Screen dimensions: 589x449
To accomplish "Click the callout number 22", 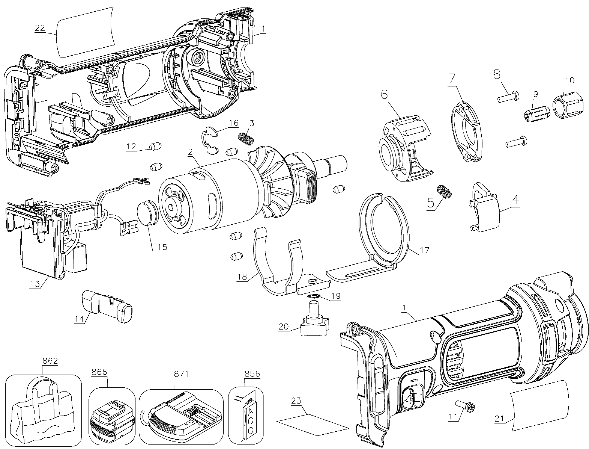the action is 40,28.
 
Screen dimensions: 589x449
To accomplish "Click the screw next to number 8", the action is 508,97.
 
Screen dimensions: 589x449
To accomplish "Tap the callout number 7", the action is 452,78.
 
